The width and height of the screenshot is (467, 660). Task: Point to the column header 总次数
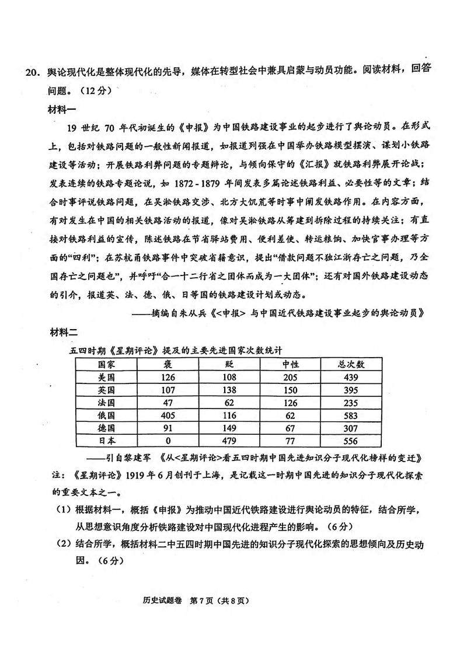click(x=351, y=364)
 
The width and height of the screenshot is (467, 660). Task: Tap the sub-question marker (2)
click(x=63, y=544)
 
